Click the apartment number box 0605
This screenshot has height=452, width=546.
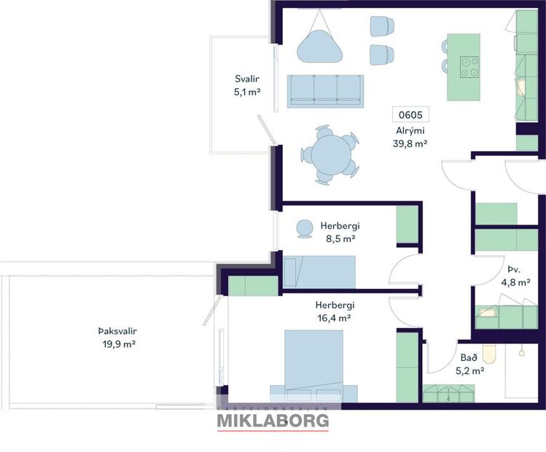[409, 114]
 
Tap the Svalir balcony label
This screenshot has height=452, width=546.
[247, 85]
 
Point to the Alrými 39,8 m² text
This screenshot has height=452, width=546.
[409, 137]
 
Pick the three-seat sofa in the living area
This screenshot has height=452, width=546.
[325, 91]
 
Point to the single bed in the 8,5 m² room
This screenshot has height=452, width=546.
[319, 272]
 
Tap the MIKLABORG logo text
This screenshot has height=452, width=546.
[273, 421]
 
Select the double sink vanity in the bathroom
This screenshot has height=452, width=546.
[446, 393]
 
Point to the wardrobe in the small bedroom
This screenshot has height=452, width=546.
[407, 226]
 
